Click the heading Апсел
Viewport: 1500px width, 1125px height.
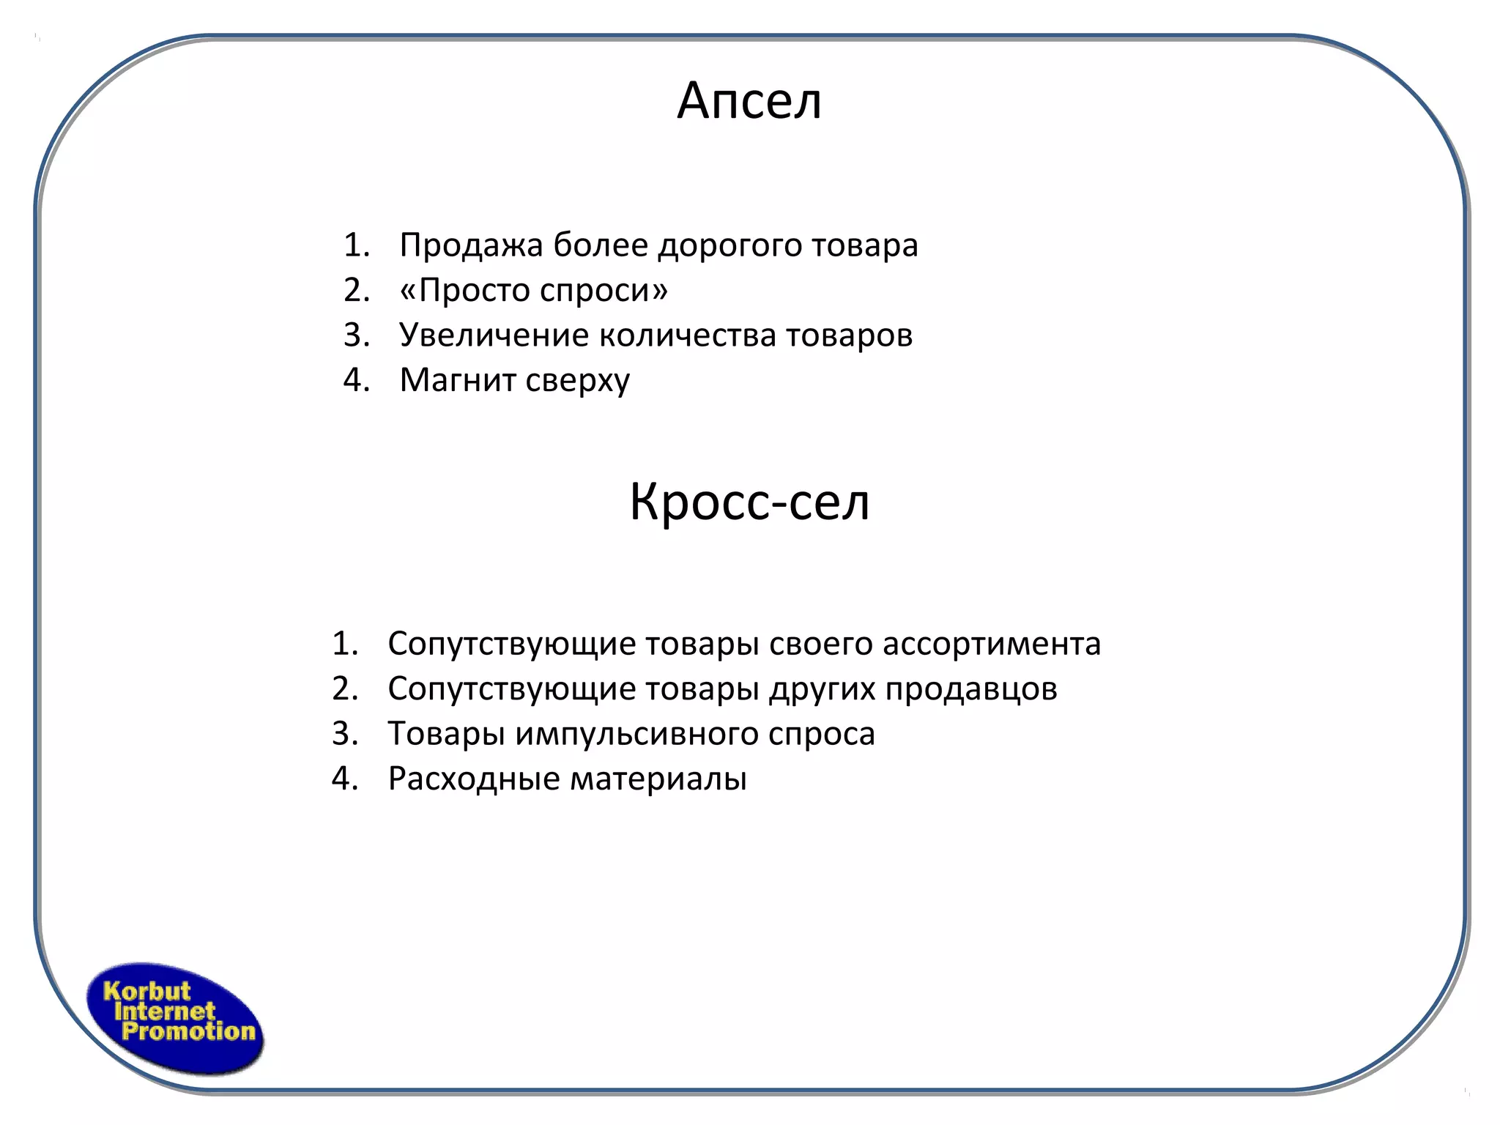(749, 101)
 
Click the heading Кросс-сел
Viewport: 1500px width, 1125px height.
(749, 502)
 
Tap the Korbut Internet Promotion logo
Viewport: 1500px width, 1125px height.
(175, 1019)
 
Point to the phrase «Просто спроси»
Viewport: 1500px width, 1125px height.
(533, 291)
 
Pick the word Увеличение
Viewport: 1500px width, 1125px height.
(494, 335)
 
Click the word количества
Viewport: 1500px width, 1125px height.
(688, 335)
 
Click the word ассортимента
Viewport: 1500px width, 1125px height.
(991, 645)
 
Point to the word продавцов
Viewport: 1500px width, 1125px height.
(971, 689)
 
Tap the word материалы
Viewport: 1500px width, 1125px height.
(658, 779)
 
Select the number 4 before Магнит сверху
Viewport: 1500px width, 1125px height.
(354, 380)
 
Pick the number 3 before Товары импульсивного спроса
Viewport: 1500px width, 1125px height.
(343, 734)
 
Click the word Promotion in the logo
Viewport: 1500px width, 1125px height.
(188, 1032)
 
